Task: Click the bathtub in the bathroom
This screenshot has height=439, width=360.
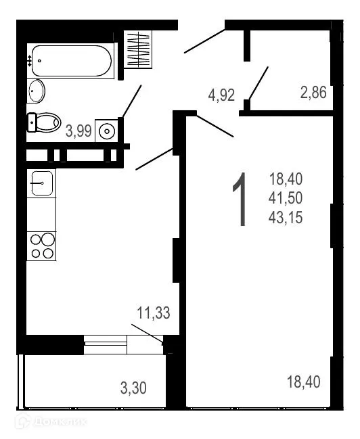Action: pos(71,61)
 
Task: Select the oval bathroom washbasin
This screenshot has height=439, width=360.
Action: pos(37,90)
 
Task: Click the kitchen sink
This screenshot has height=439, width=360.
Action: pos(41,183)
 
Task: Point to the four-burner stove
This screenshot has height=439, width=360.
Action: pos(41,246)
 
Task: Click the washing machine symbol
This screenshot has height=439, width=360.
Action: pos(106,130)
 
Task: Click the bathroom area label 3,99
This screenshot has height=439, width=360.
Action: pos(78,132)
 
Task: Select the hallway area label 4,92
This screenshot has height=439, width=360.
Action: pos(221,95)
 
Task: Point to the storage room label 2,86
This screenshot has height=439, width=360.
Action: pos(313,93)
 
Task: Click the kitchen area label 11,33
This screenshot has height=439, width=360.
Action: pos(153,313)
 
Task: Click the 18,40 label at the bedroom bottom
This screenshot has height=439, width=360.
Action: pos(303,382)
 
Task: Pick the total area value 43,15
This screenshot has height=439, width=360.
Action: pos(286,218)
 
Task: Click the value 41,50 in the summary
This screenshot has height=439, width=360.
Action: pos(286,198)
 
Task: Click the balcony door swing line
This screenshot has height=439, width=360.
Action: pos(147,333)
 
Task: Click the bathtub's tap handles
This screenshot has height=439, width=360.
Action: pos(30,60)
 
